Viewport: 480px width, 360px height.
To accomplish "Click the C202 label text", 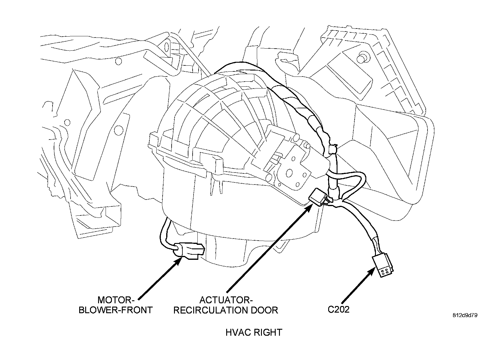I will click(338, 310).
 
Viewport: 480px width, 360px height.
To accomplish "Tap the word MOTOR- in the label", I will click(115, 300).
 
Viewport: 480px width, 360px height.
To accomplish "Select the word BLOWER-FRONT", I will click(115, 310).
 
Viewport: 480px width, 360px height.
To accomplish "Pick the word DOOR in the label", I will click(264, 310).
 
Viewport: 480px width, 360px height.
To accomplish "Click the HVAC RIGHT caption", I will click(254, 332).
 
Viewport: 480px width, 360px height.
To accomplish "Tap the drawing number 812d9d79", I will click(465, 315).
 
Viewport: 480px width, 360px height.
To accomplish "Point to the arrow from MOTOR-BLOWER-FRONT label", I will click(159, 277).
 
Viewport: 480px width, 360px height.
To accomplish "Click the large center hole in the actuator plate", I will click(289, 173).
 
